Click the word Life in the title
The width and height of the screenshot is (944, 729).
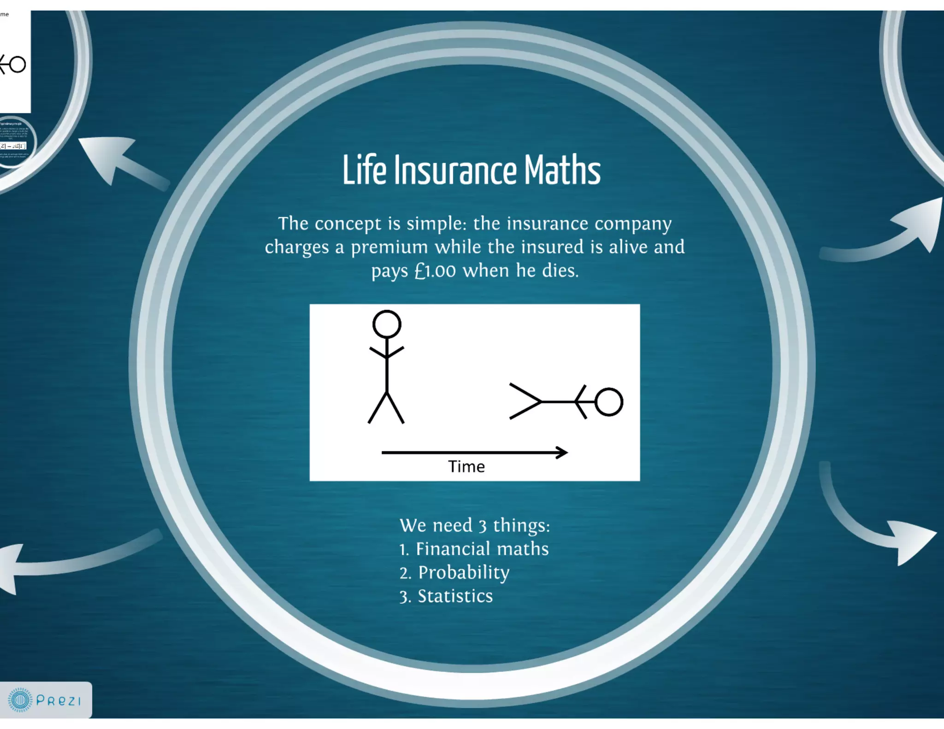[x=364, y=170]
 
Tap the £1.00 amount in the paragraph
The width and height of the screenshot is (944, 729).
[x=435, y=270]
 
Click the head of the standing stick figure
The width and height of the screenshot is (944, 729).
[x=387, y=324]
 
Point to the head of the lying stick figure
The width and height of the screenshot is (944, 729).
[x=609, y=402]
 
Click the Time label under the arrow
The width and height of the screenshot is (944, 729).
[x=466, y=467]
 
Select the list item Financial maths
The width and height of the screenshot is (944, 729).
[x=474, y=549]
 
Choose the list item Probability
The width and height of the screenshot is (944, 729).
[x=454, y=572]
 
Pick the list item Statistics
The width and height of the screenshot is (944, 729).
[x=446, y=596]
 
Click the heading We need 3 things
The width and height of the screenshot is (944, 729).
[x=475, y=525]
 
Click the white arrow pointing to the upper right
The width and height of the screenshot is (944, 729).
[x=903, y=230]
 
